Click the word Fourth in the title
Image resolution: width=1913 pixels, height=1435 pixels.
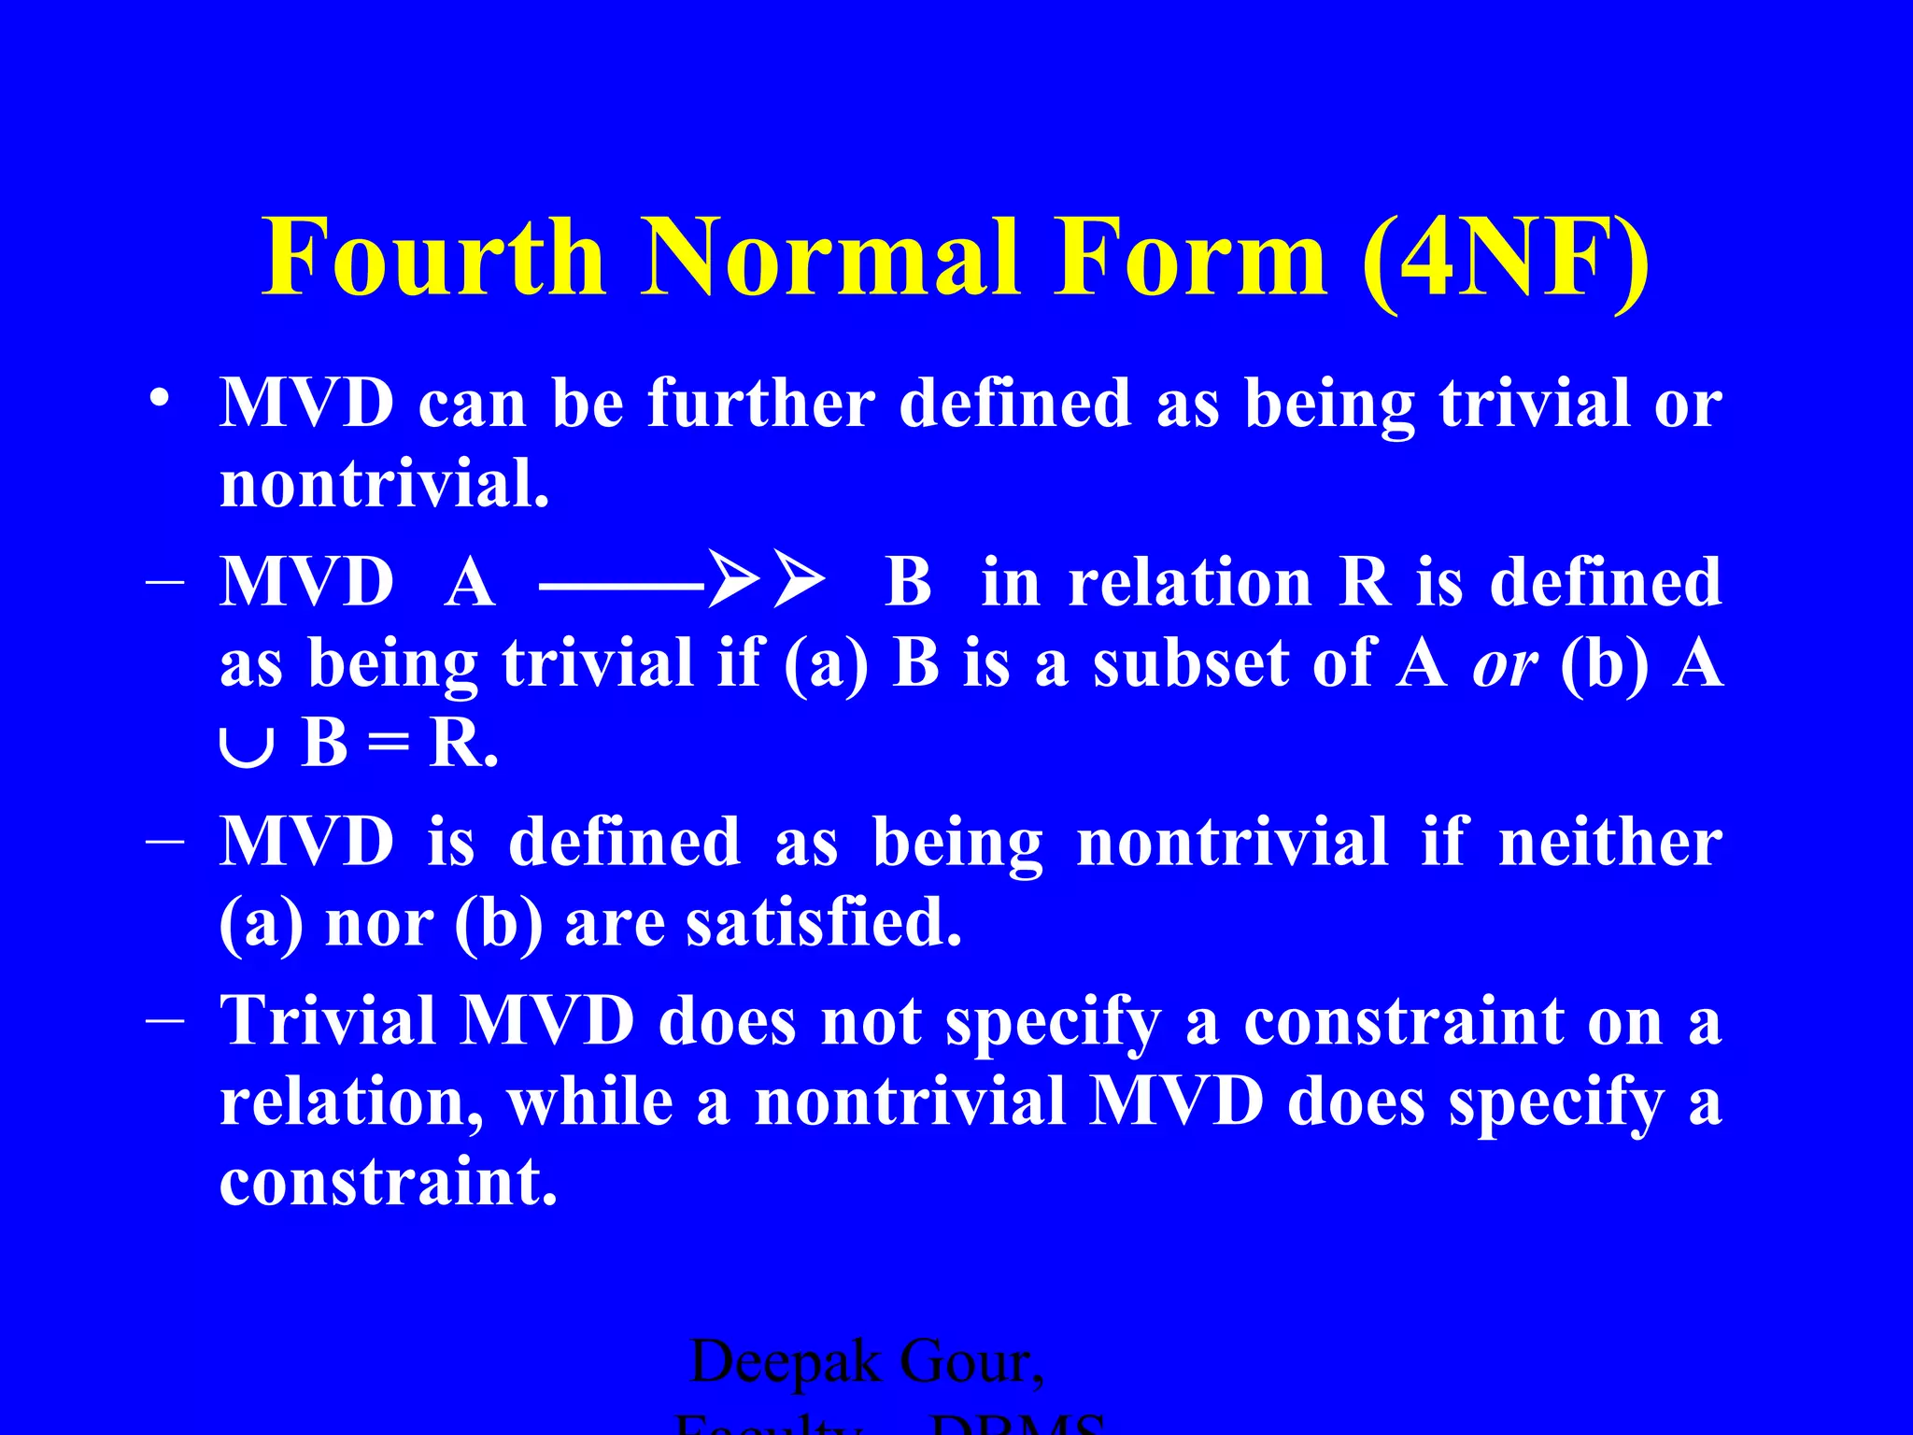click(x=433, y=257)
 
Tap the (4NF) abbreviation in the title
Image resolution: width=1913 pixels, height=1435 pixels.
click(x=1505, y=259)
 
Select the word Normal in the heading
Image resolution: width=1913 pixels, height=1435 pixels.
click(x=829, y=257)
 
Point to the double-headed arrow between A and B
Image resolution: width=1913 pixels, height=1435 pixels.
click(x=683, y=580)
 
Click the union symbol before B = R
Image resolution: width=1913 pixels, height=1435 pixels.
click(x=247, y=747)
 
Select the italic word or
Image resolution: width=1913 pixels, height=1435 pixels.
click(x=1504, y=665)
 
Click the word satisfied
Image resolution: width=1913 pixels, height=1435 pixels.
click(x=823, y=922)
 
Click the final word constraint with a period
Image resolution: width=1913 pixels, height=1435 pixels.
click(x=388, y=1181)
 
